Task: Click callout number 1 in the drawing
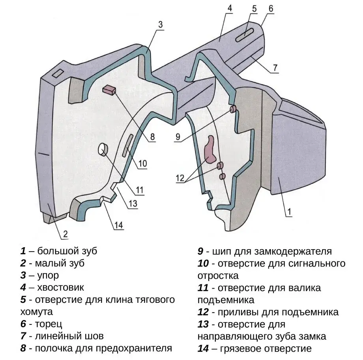click(x=289, y=212)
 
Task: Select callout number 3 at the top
click(x=160, y=24)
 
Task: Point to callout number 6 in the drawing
click(x=271, y=8)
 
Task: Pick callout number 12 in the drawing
click(x=180, y=178)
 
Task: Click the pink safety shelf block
click(x=109, y=90)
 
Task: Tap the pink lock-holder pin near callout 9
click(x=233, y=108)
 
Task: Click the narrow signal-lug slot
click(x=129, y=146)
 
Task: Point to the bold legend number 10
click(x=203, y=263)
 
